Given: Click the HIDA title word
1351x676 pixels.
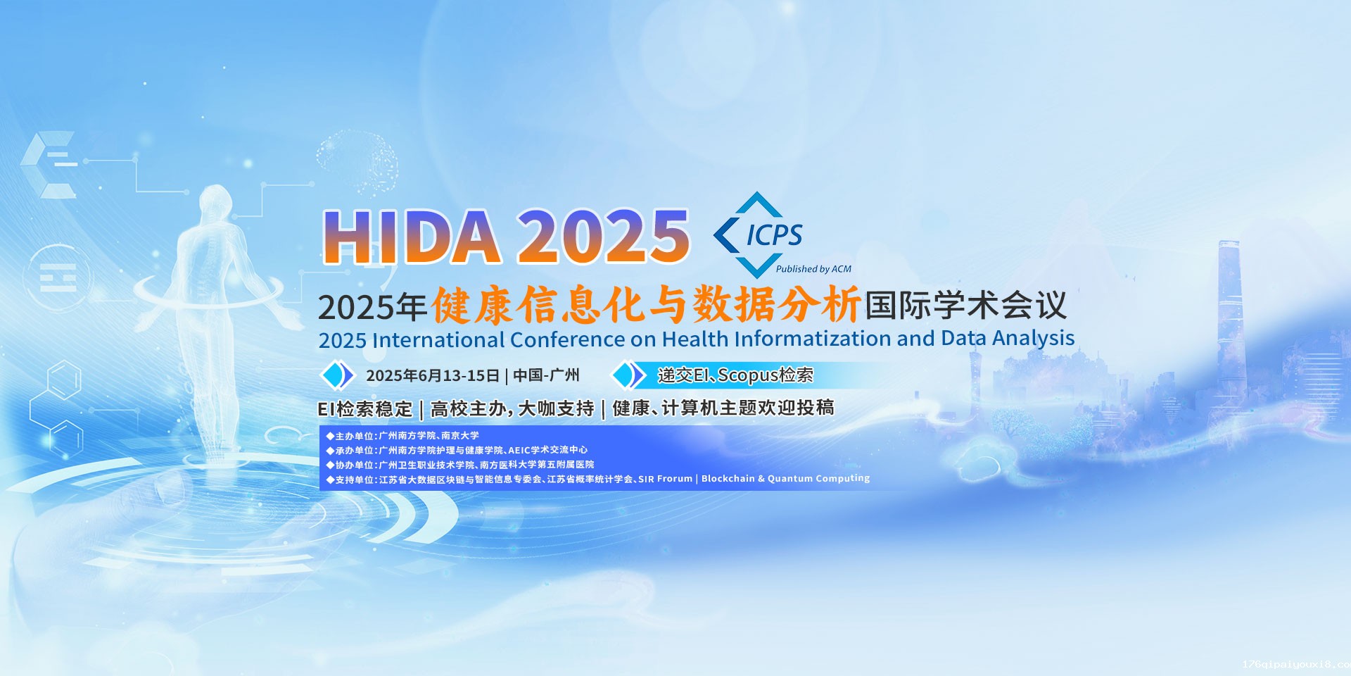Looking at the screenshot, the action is [412, 237].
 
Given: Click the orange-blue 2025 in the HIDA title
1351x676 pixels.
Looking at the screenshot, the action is [604, 237].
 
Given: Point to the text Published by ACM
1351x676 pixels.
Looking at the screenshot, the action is [813, 269].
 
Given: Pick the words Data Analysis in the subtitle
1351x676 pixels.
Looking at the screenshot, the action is [1008, 339].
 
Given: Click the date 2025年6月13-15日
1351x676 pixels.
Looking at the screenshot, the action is [433, 375].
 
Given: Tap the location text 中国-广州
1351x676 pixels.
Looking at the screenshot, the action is [546, 375].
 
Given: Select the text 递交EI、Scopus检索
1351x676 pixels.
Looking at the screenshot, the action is [735, 375].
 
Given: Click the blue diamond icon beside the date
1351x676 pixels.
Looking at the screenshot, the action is [337, 375].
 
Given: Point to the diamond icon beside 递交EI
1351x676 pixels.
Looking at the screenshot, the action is [628, 375].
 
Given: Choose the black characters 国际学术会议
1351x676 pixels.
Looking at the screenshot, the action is [965, 306].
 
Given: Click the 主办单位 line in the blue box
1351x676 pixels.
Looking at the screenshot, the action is [402, 436].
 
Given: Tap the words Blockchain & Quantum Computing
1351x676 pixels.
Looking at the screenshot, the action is [785, 479].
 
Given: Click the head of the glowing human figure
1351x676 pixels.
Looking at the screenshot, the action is [214, 201].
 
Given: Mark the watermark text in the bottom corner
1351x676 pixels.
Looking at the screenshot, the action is [1296, 664].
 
